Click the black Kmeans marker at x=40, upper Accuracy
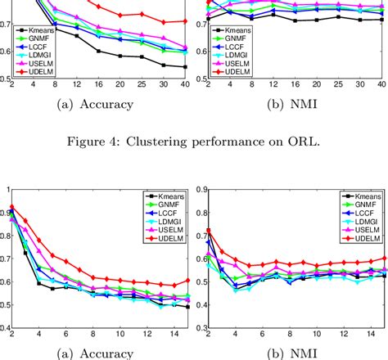click(184, 67)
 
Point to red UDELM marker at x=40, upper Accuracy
click(184, 21)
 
